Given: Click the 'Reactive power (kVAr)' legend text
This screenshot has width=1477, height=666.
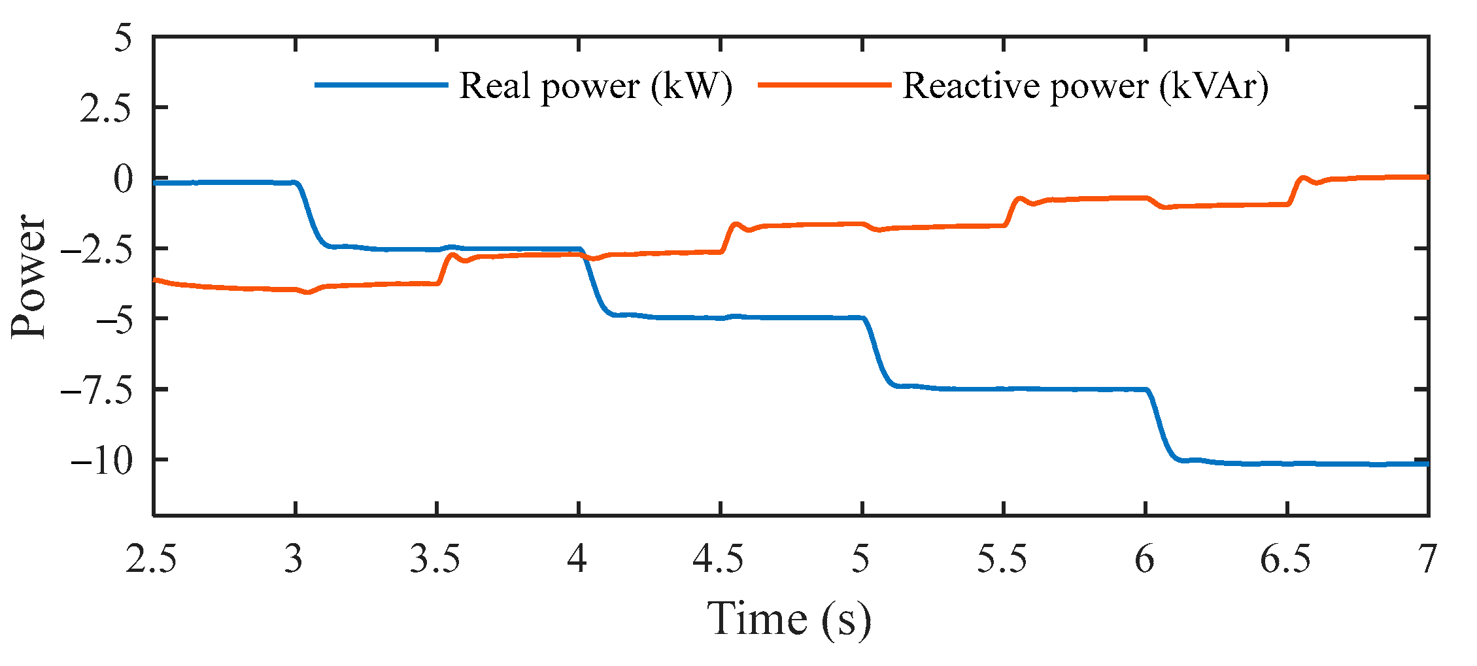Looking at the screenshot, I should (x=1085, y=86).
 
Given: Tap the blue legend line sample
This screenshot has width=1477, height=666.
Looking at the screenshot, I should (x=381, y=85).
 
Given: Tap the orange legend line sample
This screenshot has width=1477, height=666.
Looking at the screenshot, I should (x=824, y=85).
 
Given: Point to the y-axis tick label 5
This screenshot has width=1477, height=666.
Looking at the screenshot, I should (x=123, y=38).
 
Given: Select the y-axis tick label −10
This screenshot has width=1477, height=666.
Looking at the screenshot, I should (x=101, y=461).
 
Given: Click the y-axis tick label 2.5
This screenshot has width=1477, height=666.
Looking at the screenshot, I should (x=106, y=108).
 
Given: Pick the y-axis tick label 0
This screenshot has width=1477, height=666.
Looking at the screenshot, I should (x=123, y=179).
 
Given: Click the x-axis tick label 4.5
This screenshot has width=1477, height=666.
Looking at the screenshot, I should (x=719, y=559).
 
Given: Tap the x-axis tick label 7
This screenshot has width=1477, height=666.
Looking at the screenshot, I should (x=1427, y=559).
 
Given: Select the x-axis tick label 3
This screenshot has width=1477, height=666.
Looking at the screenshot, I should (x=294, y=559).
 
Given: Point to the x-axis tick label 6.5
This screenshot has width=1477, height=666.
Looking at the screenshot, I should (x=1285, y=559).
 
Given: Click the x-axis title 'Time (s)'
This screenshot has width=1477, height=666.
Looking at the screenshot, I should (x=789, y=618).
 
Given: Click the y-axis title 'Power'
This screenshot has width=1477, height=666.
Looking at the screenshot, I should (x=29, y=276).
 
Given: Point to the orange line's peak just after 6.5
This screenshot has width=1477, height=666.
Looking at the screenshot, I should (x=1302, y=178).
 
